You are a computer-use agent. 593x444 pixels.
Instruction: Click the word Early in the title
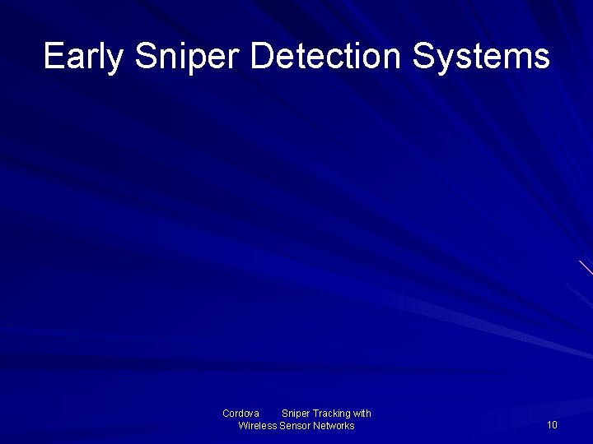coord(84,57)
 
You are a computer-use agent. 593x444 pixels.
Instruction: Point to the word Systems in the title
coord(481,57)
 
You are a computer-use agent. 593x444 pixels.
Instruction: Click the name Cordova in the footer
coord(240,414)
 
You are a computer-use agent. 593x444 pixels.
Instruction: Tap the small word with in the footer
coord(362,414)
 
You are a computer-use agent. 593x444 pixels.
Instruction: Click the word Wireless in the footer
coord(257,426)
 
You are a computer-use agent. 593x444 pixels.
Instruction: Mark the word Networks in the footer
coord(334,426)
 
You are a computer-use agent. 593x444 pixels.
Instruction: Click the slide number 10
coord(552,425)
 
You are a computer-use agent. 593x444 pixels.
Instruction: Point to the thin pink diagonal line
coord(586,266)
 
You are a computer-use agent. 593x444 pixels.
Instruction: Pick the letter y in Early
coord(117,61)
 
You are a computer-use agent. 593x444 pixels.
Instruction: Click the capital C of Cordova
coord(226,414)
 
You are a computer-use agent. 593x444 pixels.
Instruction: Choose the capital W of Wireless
coord(244,426)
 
